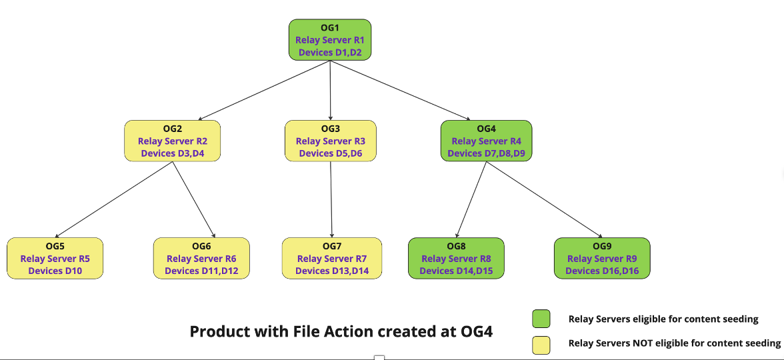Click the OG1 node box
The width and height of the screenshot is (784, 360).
pyautogui.click(x=330, y=40)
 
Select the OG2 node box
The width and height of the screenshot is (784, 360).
pyautogui.click(x=173, y=141)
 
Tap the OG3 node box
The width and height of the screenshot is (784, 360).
pyautogui.click(x=331, y=141)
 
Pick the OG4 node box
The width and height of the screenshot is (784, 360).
pyautogui.click(x=487, y=141)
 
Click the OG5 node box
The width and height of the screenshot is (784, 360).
pyautogui.click(x=55, y=258)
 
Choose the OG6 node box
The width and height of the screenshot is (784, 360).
pyautogui.click(x=201, y=258)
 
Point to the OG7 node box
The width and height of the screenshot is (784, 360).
pyautogui.click(x=332, y=258)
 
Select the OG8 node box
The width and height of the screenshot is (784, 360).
pyautogui.click(x=456, y=258)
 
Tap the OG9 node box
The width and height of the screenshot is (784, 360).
pyautogui.click(x=602, y=258)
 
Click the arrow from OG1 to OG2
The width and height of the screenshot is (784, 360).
pyautogui.click(x=264, y=91)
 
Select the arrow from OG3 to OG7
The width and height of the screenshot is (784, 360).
pyautogui.click(x=331, y=199)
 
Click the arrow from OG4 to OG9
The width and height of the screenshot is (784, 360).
pyautogui.click(x=544, y=199)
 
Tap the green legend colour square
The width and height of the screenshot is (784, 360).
pyautogui.click(x=541, y=319)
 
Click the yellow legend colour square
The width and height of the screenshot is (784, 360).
pyautogui.click(x=541, y=345)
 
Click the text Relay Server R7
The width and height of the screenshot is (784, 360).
pyautogui.click(x=332, y=259)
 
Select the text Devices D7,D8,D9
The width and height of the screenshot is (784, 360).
pyautogui.click(x=487, y=153)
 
